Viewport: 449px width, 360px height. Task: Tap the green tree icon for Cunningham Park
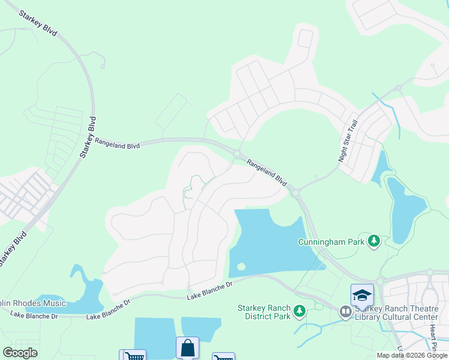click(x=375, y=241)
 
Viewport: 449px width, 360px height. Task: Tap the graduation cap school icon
click(x=362, y=295)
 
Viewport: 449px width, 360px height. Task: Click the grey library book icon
click(x=345, y=311)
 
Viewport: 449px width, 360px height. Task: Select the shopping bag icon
click(x=187, y=348)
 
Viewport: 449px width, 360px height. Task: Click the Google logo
click(x=20, y=353)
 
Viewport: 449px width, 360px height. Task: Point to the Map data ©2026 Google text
click(x=411, y=355)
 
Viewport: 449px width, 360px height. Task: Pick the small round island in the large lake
click(x=241, y=266)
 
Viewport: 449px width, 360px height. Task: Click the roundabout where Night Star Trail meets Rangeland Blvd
click(x=295, y=193)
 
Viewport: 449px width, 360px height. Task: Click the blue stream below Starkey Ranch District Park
click(x=312, y=327)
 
